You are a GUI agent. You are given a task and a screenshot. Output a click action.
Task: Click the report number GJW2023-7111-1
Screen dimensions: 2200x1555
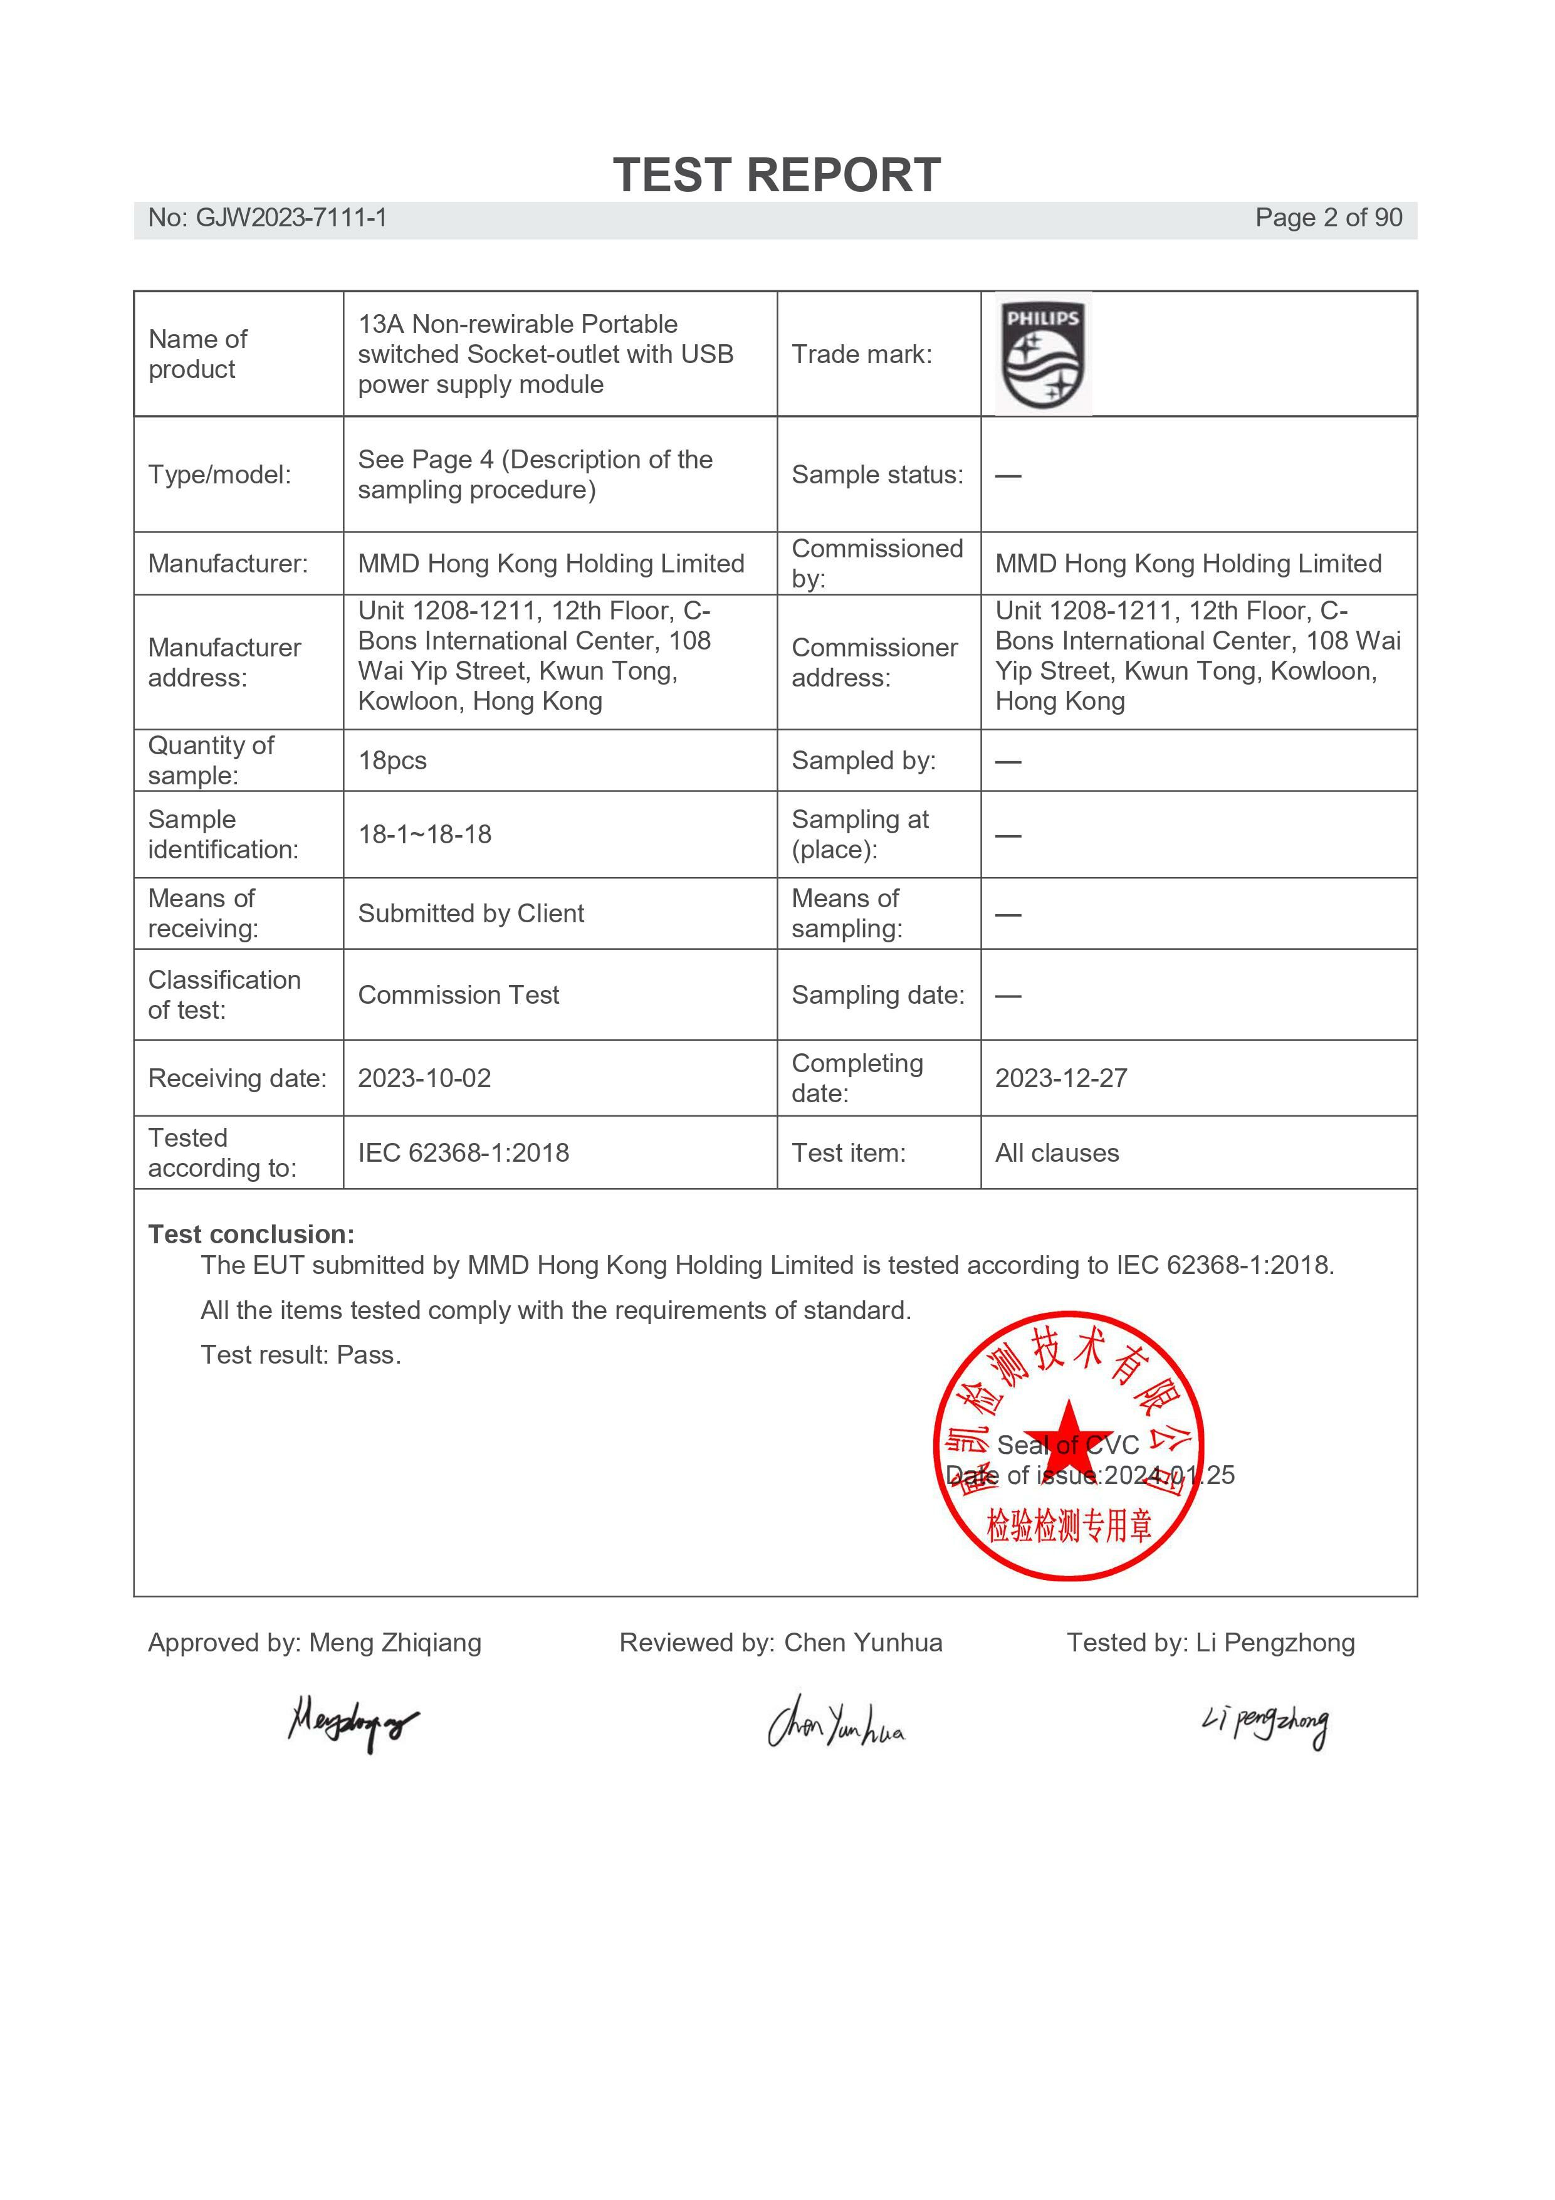tap(267, 218)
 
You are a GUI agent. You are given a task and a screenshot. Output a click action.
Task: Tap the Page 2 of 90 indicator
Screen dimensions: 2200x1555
tap(1328, 218)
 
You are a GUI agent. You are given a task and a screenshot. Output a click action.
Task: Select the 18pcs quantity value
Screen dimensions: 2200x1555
tap(392, 761)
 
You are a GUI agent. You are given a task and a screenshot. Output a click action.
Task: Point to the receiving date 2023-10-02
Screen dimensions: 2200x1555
tap(424, 1079)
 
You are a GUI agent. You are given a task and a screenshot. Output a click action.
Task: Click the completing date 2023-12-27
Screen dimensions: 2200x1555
tap(1060, 1079)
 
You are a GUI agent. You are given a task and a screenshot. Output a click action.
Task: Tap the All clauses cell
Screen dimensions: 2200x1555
tap(1056, 1153)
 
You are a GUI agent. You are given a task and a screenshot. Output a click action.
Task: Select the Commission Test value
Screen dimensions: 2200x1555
tap(458, 996)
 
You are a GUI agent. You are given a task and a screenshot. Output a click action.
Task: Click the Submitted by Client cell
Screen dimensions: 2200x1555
tap(471, 914)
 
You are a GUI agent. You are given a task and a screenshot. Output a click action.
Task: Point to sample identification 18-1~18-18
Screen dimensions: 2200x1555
tap(424, 834)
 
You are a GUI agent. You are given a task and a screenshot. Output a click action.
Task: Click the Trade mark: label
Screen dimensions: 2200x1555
tap(861, 354)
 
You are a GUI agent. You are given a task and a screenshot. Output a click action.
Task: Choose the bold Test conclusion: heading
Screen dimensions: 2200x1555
tap(251, 1234)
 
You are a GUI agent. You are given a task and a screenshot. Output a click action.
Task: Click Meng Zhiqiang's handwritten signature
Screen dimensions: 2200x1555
tap(353, 1723)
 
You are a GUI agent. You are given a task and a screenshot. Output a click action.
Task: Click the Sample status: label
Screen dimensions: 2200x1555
tap(877, 475)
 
